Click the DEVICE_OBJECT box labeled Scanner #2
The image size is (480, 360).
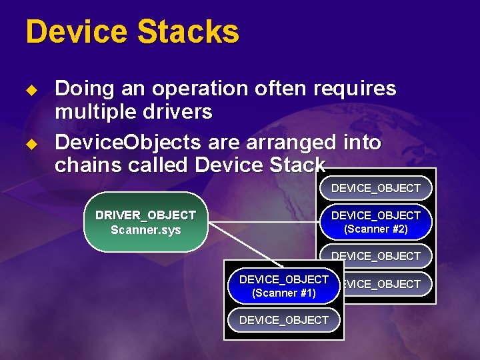point(375,222)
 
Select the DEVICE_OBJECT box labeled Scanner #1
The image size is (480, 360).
point(283,286)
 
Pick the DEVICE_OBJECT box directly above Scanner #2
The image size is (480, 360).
point(375,189)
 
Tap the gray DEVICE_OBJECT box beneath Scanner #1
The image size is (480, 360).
point(283,320)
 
